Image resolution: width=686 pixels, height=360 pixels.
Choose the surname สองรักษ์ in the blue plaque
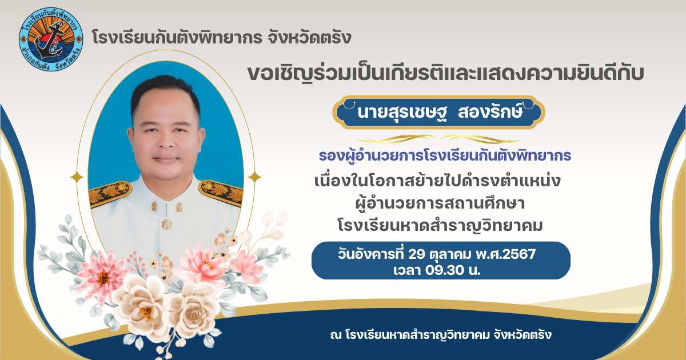490,112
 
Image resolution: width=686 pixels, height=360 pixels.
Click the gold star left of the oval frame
77,177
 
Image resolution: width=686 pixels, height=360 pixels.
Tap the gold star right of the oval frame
254,177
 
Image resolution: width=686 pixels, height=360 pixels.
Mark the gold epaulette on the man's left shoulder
221,192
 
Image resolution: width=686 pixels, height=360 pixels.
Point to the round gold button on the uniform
166,225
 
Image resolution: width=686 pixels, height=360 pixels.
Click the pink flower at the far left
102,275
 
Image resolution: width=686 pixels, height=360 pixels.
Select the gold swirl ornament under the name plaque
439,139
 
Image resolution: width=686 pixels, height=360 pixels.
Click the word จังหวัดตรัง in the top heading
309,38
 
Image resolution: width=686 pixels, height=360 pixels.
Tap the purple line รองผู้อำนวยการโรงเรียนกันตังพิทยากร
445,155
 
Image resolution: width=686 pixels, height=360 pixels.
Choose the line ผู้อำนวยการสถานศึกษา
440,203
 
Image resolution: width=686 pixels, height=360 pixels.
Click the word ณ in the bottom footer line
336,335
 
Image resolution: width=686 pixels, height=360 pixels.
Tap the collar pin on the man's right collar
154,206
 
